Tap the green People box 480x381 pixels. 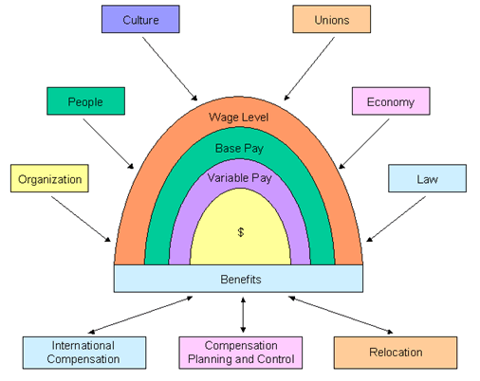(x=86, y=101)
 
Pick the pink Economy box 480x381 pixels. (x=391, y=101)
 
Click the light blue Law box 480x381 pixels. (x=427, y=178)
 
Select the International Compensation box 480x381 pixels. (x=85, y=352)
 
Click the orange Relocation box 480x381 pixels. (x=391, y=352)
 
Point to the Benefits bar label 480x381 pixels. (x=238, y=279)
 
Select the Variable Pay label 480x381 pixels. (x=238, y=176)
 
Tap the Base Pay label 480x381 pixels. (x=238, y=147)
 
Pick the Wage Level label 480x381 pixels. (x=238, y=118)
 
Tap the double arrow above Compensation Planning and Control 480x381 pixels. (x=244, y=314)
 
